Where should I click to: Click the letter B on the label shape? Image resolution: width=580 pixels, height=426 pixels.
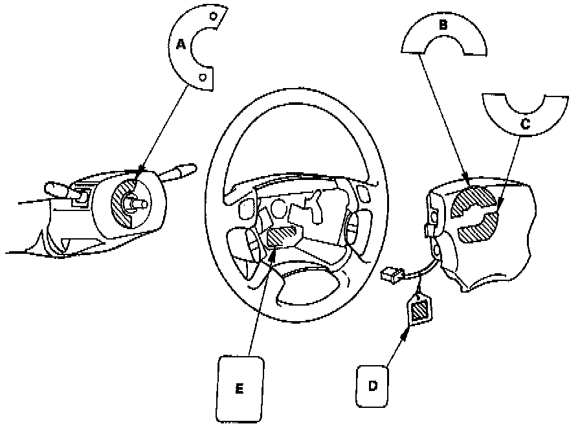443,26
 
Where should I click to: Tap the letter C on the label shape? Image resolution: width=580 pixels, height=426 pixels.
525,124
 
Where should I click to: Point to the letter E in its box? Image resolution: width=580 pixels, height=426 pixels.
240,388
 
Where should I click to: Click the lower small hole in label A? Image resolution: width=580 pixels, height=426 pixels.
203,77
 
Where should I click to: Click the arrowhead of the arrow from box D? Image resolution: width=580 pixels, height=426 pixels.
407,333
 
